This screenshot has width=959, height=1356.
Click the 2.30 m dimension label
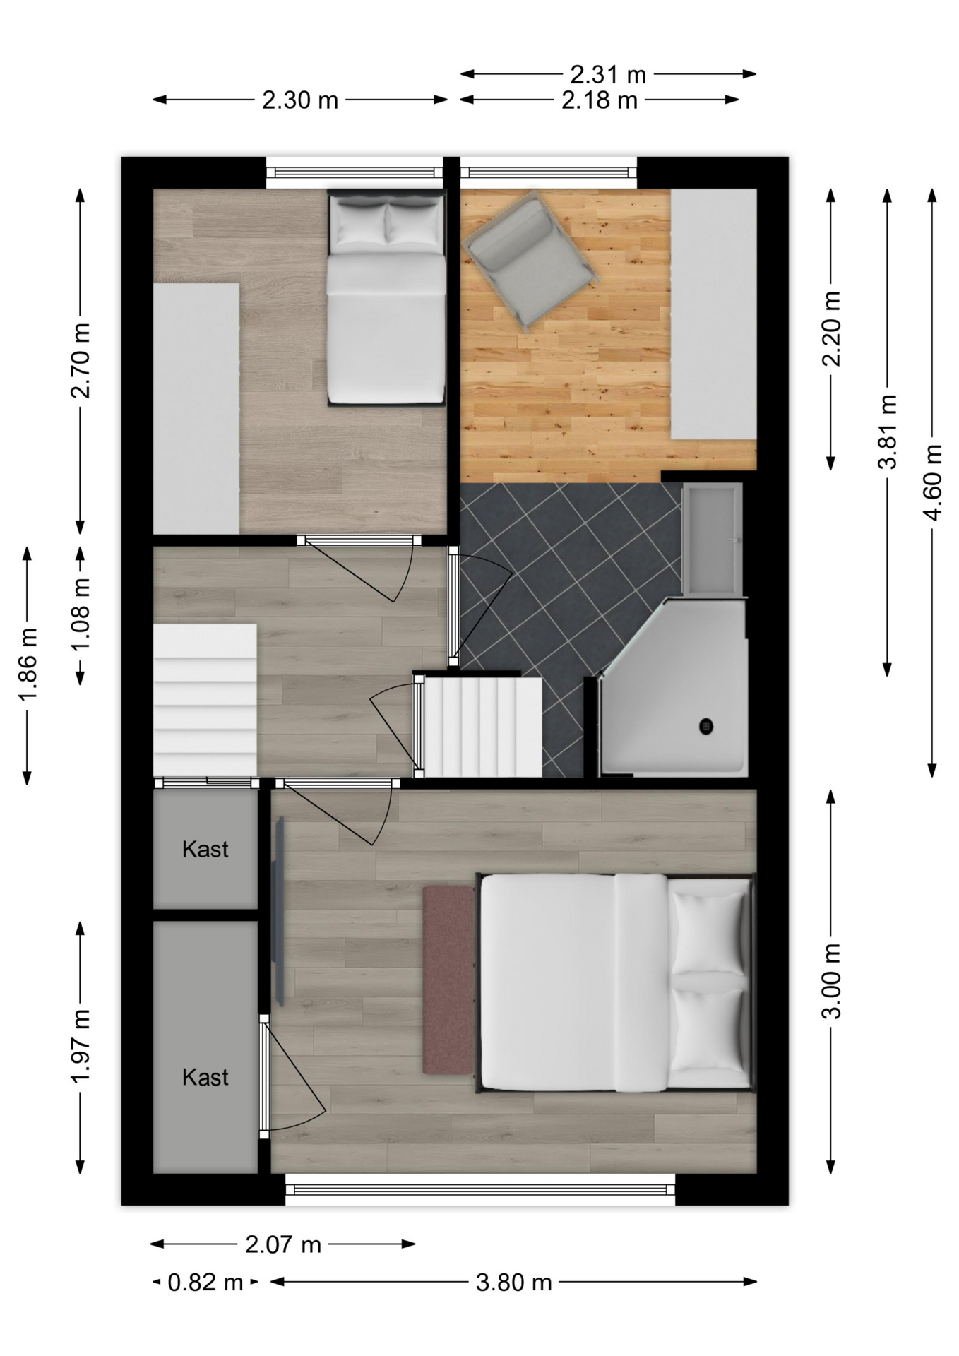pos(300,100)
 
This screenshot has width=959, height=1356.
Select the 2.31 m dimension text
pos(608,73)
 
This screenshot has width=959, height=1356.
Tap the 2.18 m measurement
pos(600,100)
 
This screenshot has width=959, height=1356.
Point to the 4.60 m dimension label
pos(933,482)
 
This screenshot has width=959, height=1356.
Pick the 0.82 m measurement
pos(205,1282)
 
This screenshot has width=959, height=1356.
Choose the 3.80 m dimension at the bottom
pos(513,1282)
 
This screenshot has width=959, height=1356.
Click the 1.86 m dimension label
pos(28,665)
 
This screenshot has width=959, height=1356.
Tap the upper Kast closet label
pos(205,849)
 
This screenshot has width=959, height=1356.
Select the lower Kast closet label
pos(205,1077)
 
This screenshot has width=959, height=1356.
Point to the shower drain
pos(705,725)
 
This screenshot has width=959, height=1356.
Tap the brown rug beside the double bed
pos(448,980)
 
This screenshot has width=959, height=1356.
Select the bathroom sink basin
pos(713,538)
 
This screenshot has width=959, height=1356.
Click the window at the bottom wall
pos(480,1189)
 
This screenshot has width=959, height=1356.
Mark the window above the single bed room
pos(355,172)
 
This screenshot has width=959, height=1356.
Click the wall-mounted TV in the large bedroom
pos(280,911)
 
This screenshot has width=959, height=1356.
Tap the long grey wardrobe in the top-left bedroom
pos(196,408)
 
